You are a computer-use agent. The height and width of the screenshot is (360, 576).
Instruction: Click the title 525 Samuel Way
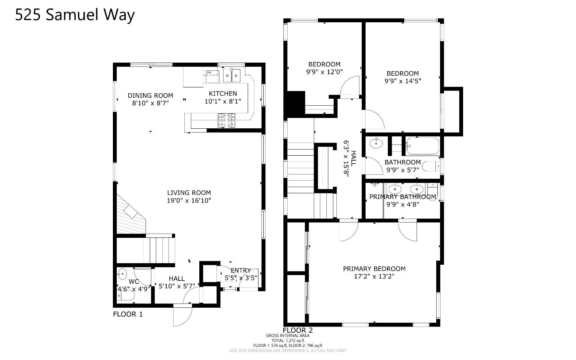click(75, 15)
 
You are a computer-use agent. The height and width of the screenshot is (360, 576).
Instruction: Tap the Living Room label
click(189, 193)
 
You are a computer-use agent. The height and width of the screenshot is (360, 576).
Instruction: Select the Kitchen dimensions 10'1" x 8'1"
click(223, 101)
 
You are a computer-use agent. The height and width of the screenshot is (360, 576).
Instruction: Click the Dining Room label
click(150, 96)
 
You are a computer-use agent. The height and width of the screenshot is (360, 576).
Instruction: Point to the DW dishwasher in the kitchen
click(210, 73)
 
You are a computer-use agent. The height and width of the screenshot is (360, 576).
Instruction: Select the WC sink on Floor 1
click(122, 274)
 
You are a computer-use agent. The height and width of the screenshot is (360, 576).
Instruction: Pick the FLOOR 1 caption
click(127, 314)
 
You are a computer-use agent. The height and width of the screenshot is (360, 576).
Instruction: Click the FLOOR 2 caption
click(298, 330)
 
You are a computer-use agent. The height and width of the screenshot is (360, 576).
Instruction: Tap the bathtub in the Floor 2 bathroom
click(422, 146)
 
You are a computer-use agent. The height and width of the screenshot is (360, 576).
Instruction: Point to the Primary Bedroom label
click(374, 269)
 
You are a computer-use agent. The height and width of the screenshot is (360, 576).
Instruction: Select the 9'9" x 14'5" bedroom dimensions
click(402, 81)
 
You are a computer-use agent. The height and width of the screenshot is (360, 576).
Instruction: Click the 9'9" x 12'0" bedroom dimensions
click(324, 72)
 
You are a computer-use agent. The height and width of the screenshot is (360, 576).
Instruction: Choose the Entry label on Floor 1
click(241, 270)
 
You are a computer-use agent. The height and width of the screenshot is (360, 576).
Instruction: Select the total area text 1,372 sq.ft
click(288, 340)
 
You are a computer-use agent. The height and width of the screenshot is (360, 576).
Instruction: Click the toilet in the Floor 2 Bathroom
click(430, 167)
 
